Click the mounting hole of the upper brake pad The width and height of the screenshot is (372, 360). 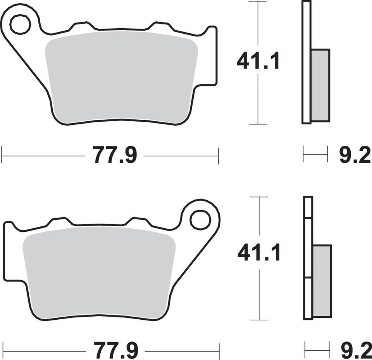pyautogui.click(x=20, y=25)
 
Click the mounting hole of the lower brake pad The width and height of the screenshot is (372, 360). pyautogui.click(x=200, y=220)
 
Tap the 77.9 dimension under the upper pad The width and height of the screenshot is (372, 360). pyautogui.click(x=115, y=155)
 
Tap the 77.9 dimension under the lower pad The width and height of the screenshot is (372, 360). pyautogui.click(x=115, y=351)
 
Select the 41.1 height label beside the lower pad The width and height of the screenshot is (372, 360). pyautogui.click(x=258, y=253)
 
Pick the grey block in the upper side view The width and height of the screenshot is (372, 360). pyautogui.click(x=320, y=85)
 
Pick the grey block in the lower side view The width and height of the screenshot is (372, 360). pyautogui.click(x=322, y=281)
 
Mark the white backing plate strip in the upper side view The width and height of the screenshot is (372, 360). pyautogui.click(x=306, y=62)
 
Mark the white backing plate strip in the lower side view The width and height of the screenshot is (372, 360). pyautogui.click(x=308, y=258)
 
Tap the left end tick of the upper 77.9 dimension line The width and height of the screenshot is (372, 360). pyautogui.click(x=2, y=155)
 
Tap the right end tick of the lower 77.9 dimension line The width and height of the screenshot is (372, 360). pyautogui.click(x=219, y=351)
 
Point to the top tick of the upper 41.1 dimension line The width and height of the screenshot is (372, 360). pyautogui.click(x=258, y=2)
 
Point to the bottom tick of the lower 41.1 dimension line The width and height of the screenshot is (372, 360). pyautogui.click(x=258, y=320)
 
